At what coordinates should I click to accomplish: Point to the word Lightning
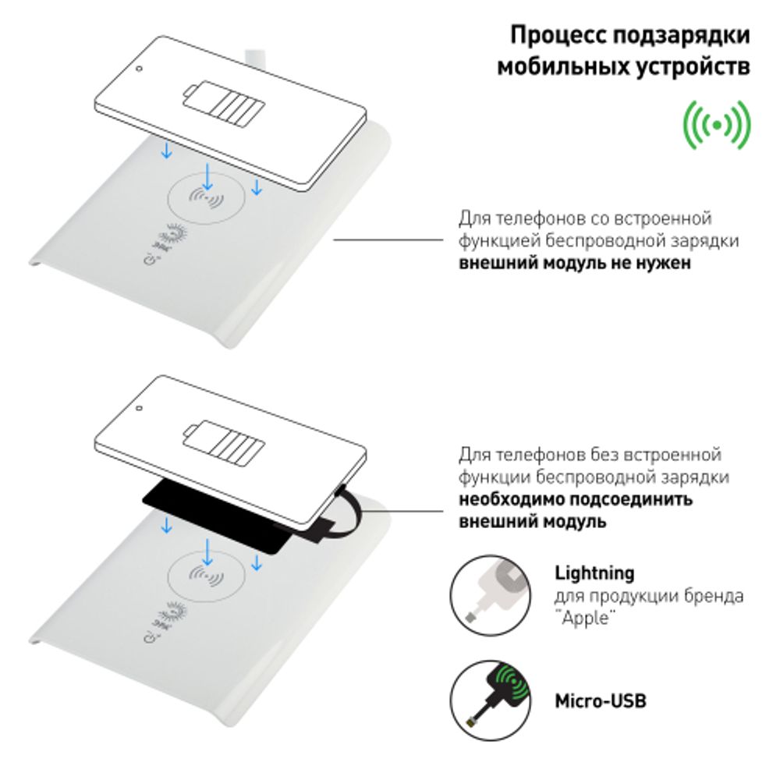pos(594,573)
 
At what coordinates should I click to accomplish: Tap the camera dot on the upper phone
pos(139,68)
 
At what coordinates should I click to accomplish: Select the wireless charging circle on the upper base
pos(207,199)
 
